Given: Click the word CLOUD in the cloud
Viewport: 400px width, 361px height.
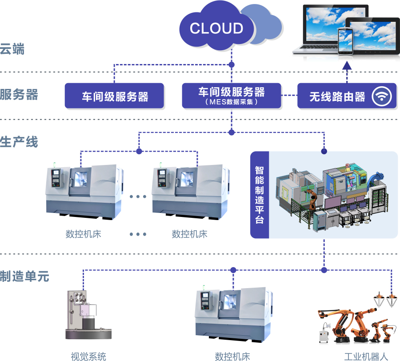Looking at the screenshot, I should pos(216,28).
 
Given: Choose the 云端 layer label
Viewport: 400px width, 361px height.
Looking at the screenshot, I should pos(12,49).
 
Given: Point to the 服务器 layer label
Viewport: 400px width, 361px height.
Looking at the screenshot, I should pos(19,95).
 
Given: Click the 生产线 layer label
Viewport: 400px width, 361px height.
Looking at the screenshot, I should pos(19,142).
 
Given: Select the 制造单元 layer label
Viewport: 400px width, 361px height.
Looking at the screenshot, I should pos(24,276).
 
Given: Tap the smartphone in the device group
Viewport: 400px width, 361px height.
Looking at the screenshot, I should pos(345,41).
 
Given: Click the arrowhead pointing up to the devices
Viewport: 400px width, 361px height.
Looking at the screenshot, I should pos(348,66).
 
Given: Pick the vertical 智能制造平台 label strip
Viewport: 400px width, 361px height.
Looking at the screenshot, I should pos(260,195).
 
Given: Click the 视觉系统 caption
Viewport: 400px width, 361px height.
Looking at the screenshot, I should pos(88,356).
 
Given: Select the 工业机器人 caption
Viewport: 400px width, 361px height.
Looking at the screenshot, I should pos(366,357).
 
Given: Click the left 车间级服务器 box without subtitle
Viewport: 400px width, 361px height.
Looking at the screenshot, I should pos(115,96).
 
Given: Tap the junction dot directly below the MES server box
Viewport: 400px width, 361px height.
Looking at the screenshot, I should pos(231,132).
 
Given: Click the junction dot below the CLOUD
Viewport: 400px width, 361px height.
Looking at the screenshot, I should pos(231,64).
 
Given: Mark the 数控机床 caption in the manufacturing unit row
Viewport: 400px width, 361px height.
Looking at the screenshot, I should pos(232,356).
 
